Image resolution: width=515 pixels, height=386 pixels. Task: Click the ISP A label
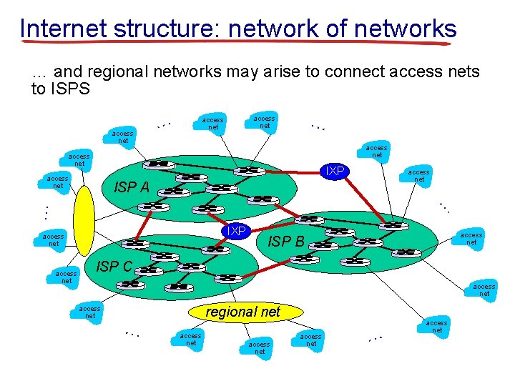(132, 188)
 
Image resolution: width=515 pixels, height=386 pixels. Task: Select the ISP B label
(286, 242)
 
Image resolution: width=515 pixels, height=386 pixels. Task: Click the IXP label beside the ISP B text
(233, 231)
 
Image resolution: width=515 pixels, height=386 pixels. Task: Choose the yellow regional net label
(243, 312)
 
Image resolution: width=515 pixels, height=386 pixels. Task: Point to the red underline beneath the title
(236, 43)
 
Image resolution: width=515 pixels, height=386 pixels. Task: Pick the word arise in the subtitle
(301, 72)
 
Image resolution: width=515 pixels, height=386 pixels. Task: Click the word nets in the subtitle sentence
(464, 72)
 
